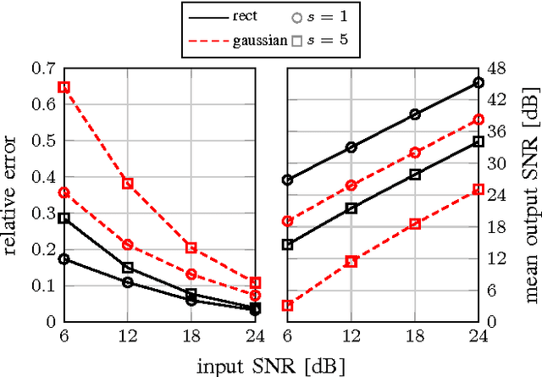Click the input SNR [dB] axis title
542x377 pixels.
coord(271,365)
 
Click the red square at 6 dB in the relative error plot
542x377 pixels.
coord(64,87)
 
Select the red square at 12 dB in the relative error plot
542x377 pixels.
coord(128,183)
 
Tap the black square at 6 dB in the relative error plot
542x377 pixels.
coord(64,218)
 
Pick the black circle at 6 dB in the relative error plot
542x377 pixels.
coord(64,259)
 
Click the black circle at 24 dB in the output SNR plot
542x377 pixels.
coord(478,82)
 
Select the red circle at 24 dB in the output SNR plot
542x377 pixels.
coord(478,119)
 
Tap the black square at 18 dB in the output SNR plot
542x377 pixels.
coord(415,174)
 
